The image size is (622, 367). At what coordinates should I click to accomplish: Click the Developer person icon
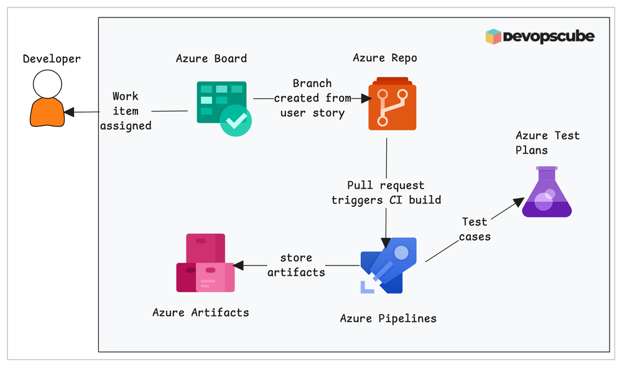(47, 98)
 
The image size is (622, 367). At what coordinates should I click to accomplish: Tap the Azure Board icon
(223, 108)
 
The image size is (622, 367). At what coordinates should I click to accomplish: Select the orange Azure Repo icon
(392, 104)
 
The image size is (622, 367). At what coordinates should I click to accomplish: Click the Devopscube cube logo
(493, 37)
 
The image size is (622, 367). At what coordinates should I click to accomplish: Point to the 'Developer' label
(52, 59)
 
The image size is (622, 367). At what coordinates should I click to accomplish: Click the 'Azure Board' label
(211, 59)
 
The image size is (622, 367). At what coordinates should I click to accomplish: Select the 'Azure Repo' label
(385, 58)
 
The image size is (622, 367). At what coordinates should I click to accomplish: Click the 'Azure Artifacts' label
(200, 312)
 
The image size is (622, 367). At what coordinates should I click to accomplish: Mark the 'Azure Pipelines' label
(388, 318)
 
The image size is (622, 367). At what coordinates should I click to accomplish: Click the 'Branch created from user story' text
(312, 98)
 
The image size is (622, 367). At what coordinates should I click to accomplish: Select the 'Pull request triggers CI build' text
(386, 193)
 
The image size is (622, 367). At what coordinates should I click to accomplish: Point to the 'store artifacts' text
(296, 265)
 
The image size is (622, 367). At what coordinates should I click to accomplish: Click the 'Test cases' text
(476, 229)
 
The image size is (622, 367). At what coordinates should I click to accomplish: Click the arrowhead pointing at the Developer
(69, 112)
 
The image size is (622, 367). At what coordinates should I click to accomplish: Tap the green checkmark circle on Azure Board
(236, 120)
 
